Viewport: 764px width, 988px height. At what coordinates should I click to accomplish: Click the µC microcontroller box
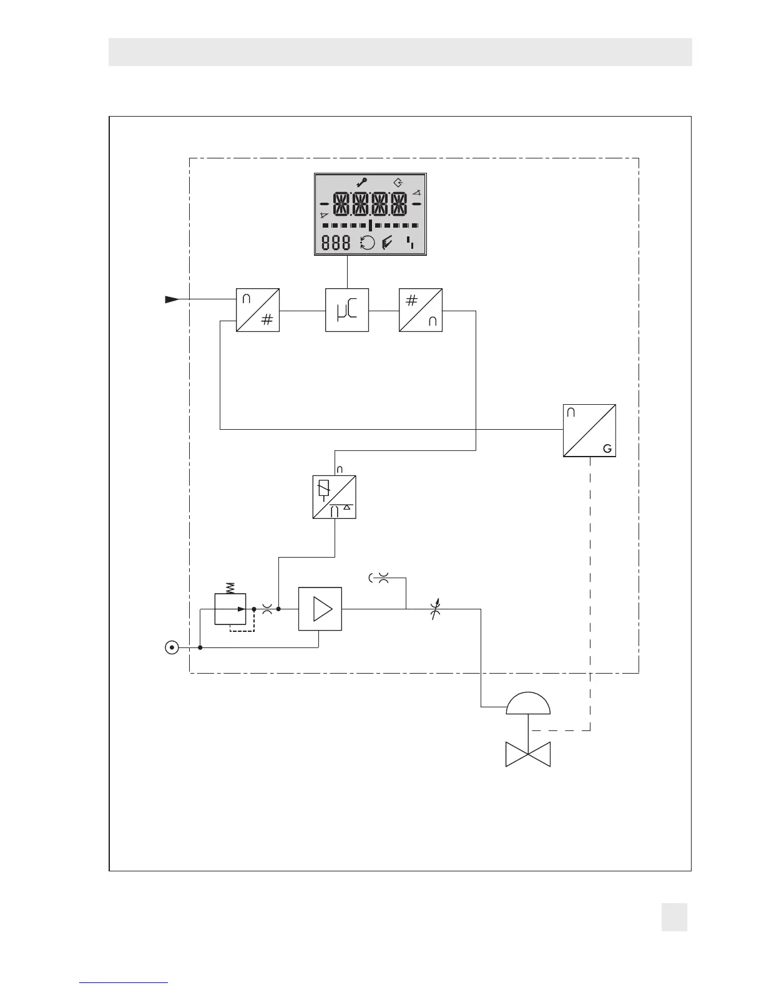tap(347, 310)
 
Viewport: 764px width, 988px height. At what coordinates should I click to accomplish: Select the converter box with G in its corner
tap(589, 430)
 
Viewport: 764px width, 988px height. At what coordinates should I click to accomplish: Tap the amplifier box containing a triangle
tap(320, 609)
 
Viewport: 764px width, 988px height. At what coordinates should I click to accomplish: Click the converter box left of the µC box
tap(258, 310)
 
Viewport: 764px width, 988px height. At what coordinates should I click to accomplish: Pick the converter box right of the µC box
tap(421, 310)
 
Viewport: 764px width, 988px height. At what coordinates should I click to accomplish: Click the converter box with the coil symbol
tap(335, 497)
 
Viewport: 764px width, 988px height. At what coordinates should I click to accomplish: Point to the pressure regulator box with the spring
tap(230, 609)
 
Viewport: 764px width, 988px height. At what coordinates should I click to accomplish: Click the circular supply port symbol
tap(172, 647)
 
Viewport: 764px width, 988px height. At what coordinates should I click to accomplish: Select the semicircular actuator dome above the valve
tap(529, 704)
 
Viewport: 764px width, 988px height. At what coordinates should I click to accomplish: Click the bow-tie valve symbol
tap(528, 755)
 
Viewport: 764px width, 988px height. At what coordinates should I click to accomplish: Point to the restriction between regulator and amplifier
tap(268, 609)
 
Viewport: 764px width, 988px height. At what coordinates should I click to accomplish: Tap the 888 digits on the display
tap(336, 243)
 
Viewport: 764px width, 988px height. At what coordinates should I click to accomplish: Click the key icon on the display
tap(361, 183)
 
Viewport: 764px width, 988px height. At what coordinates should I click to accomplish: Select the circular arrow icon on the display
tap(368, 243)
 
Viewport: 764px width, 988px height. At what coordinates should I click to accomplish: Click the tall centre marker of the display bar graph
tap(371, 225)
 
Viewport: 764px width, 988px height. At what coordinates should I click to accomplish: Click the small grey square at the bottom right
tap(674, 918)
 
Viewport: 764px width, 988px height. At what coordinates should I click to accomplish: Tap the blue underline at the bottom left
tap(124, 982)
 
